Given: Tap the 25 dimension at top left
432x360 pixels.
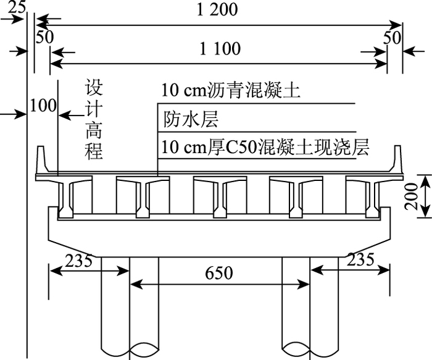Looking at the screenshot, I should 18,8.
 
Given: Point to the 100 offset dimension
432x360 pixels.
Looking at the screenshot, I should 43,106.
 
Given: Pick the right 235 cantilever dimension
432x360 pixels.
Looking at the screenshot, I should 360,260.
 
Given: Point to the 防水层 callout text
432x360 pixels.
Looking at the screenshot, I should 191,119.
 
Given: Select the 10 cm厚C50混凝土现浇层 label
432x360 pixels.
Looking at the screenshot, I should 264,148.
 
